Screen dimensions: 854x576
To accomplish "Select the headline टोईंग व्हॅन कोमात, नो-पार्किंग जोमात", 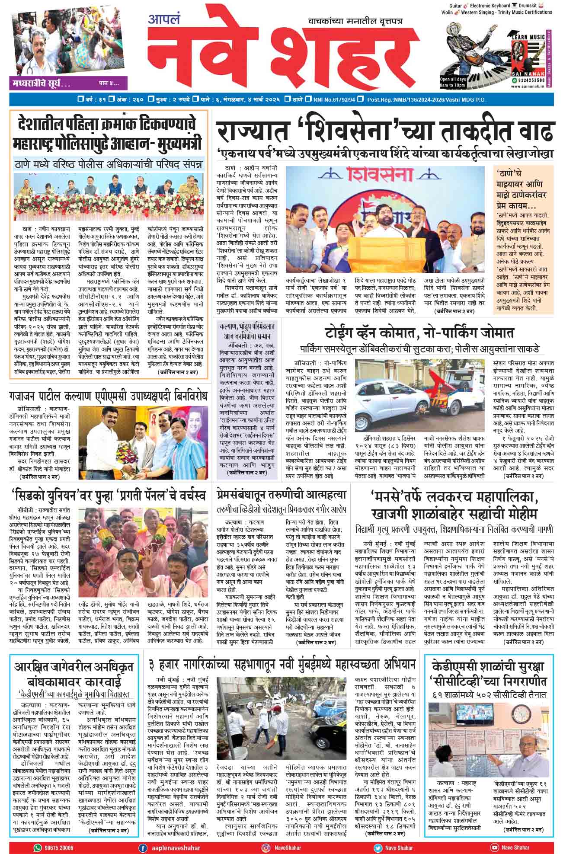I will (419, 333).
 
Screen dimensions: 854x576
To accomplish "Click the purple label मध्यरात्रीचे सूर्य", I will (42, 83).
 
